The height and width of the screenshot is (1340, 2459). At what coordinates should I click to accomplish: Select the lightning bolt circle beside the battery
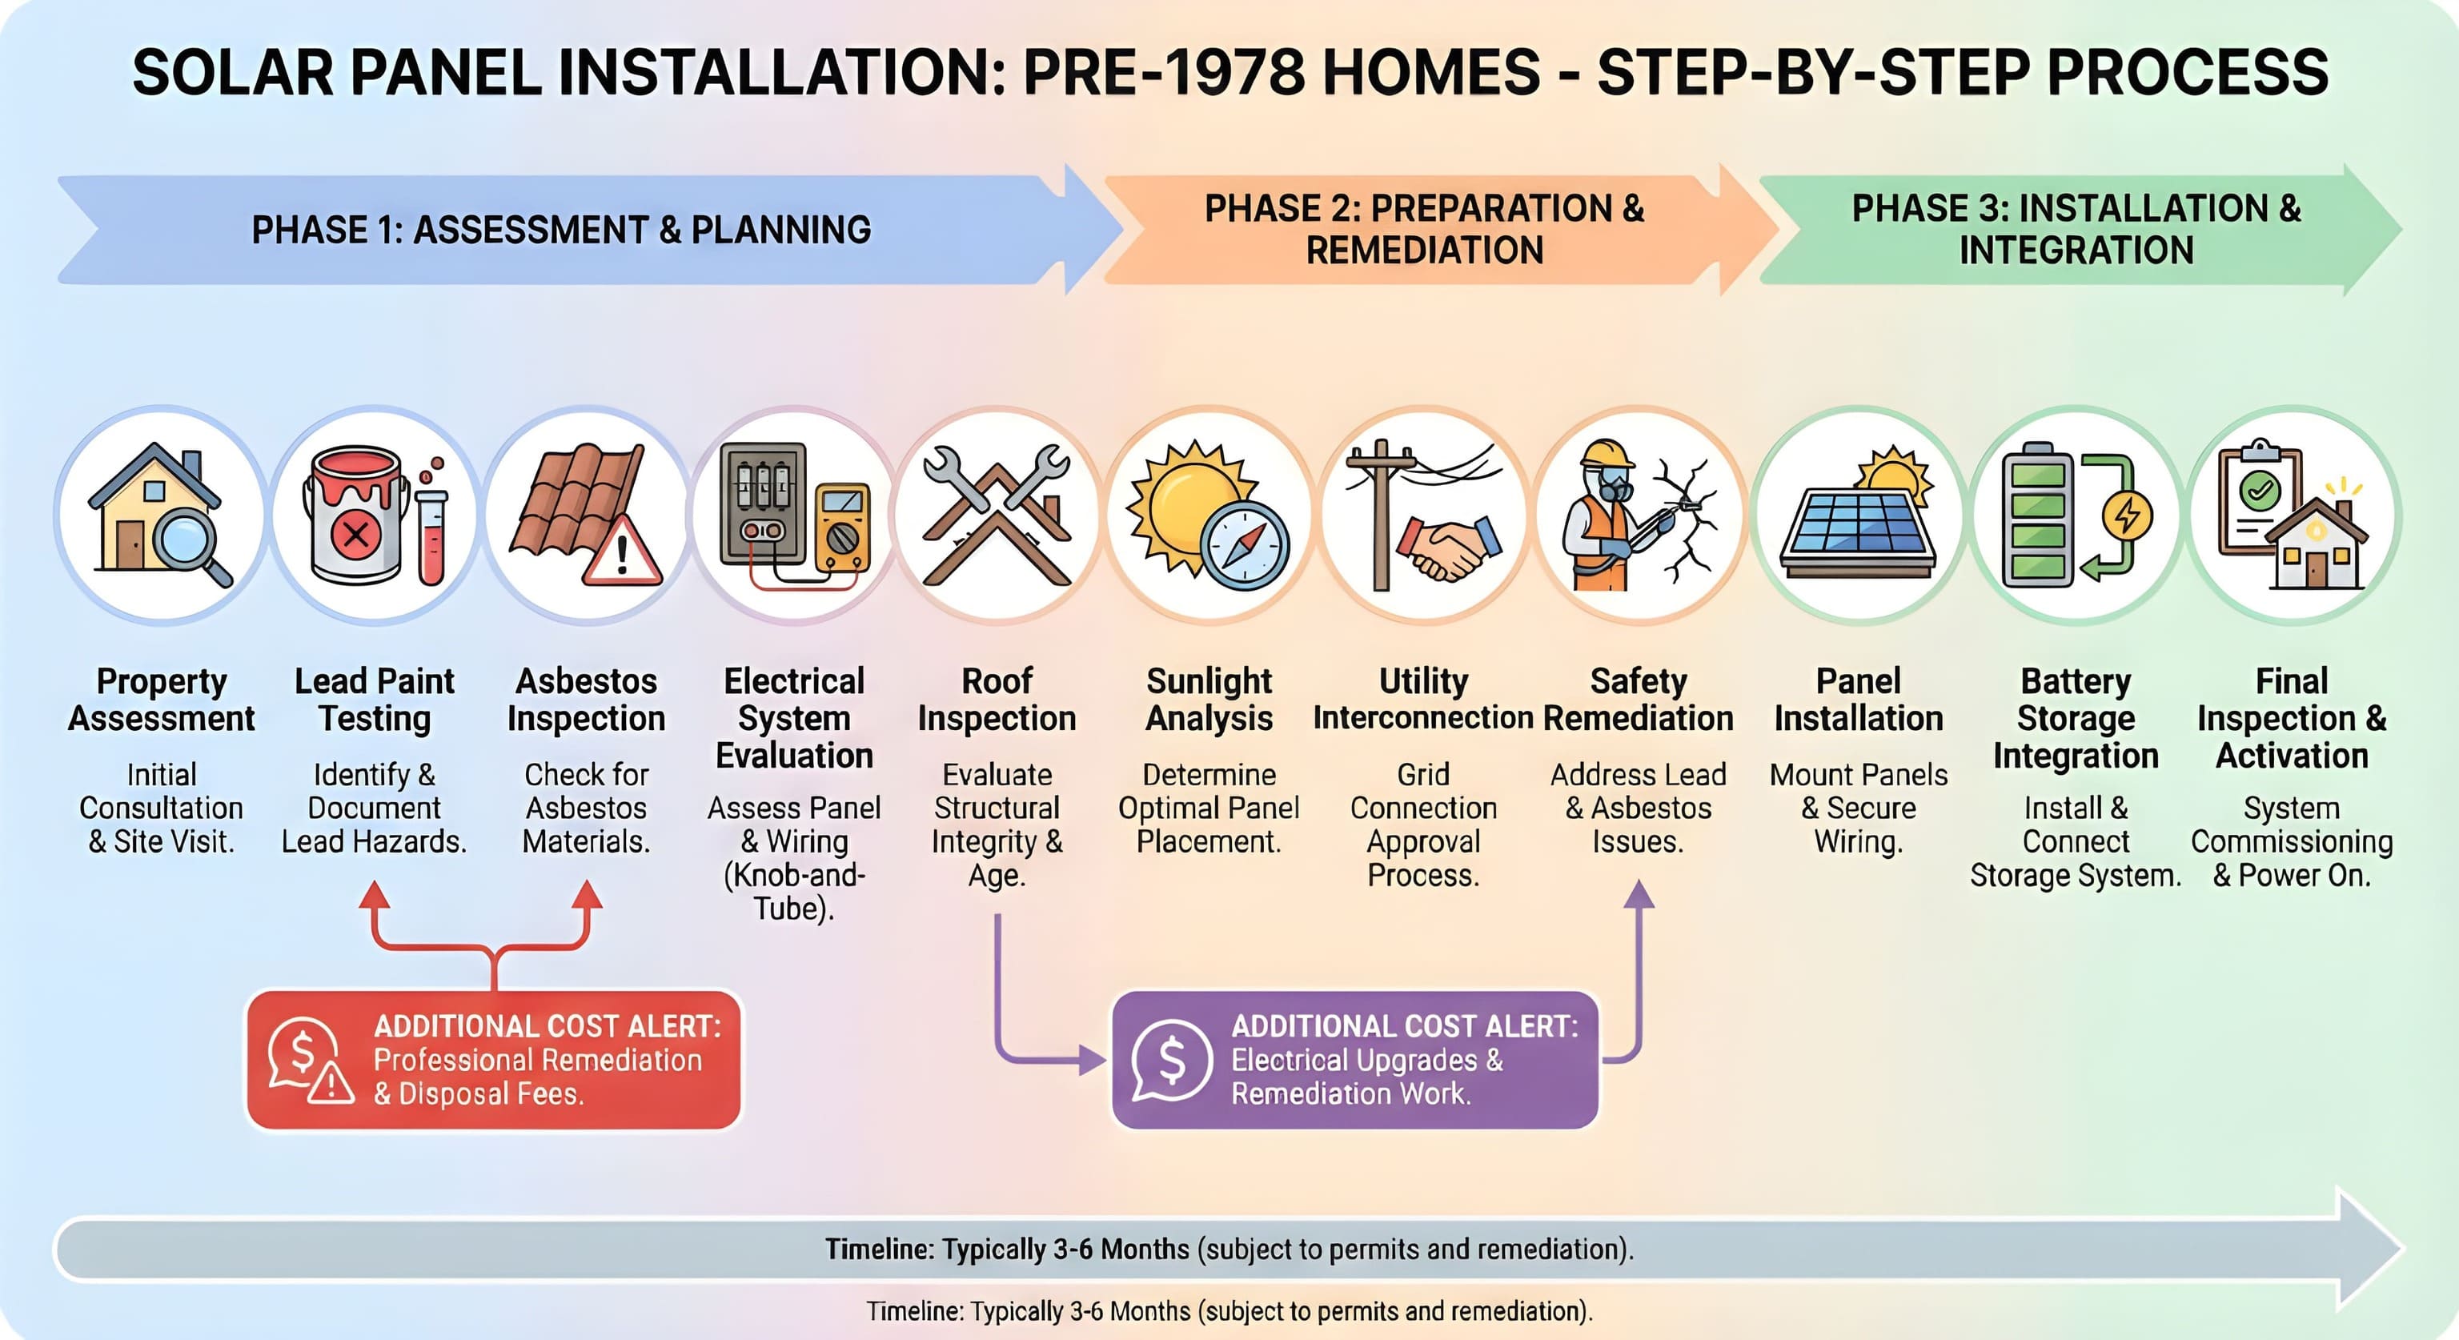pos(2126,516)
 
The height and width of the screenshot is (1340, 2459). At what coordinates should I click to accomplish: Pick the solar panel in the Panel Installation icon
pos(1857,540)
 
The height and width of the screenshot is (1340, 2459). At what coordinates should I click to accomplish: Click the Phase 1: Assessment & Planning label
pos(561,230)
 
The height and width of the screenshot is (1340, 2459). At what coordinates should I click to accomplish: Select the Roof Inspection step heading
pos(997,700)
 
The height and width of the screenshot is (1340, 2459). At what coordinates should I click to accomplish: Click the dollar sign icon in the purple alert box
pos(1171,1059)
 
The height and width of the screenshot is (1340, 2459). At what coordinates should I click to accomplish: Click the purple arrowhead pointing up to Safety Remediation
pos(1639,893)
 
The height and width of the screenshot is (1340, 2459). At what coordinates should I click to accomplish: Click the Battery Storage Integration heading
pos(2076,718)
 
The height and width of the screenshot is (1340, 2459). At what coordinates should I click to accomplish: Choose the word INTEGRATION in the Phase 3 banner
pos(2076,250)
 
